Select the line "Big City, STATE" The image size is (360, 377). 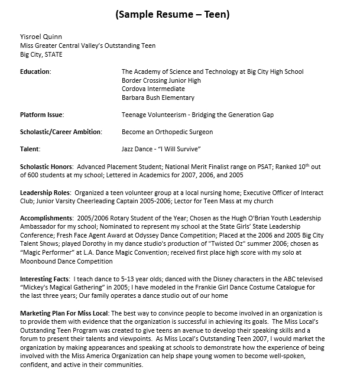pos(41,55)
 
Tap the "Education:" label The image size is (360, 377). pos(35,72)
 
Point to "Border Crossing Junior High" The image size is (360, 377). pos(161,80)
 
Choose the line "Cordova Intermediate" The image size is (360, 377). pos(153,89)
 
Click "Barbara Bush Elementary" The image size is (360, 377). pos(158,97)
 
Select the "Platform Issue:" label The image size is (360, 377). pos(42,115)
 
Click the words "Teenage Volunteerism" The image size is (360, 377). pos(152,115)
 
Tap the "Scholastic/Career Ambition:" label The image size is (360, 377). pos(61,132)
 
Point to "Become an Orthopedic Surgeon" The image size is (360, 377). pos(167,132)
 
